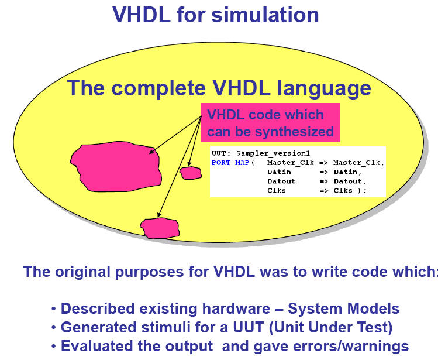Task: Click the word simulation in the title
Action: (x=265, y=15)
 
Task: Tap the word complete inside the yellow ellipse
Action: (x=158, y=89)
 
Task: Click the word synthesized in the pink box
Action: (x=294, y=132)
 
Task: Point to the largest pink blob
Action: (x=116, y=167)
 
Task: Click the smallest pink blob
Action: (x=191, y=173)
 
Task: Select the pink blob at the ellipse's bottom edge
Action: (x=160, y=228)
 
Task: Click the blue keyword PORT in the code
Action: (x=221, y=163)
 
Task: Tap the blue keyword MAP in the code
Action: (x=242, y=163)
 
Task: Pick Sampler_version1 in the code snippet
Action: (x=273, y=153)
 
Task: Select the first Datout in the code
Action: (x=281, y=181)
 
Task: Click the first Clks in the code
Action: (x=277, y=190)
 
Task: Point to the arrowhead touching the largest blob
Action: (x=151, y=152)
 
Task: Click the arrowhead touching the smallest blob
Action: (x=189, y=164)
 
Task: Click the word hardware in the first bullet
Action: (x=236, y=309)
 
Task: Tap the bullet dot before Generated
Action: (x=54, y=328)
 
